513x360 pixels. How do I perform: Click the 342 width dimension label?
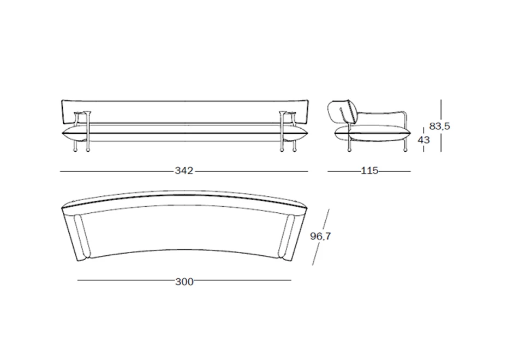[184, 171]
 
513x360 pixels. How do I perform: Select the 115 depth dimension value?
[369, 171]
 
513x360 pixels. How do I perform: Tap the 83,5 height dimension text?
[439, 126]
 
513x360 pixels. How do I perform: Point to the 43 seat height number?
[423, 140]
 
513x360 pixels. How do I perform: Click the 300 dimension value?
[184, 281]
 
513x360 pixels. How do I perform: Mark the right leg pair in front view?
[288, 143]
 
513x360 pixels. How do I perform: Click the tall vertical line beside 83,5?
[440, 109]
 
